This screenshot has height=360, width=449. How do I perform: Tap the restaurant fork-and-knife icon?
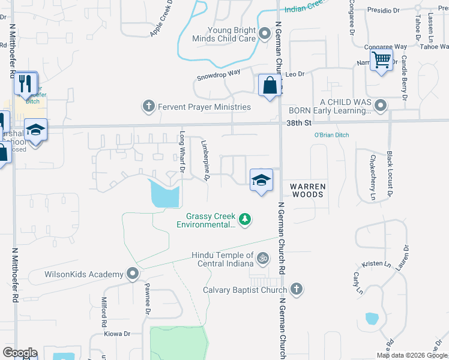click(25, 84)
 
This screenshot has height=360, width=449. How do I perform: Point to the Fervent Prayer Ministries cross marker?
click(148, 107)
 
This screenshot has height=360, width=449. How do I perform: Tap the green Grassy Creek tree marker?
click(244, 220)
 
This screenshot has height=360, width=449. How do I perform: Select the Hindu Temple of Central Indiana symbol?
click(262, 259)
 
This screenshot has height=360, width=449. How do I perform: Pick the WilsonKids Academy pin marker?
click(133, 275)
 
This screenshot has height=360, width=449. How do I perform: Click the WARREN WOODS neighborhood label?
click(308, 190)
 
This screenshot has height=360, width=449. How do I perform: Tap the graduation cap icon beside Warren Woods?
click(261, 180)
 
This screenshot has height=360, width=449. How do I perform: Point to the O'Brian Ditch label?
click(331, 135)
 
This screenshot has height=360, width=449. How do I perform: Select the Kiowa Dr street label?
click(117, 334)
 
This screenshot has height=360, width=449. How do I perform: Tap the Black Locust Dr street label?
click(390, 175)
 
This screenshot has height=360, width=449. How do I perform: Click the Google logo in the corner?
click(20, 353)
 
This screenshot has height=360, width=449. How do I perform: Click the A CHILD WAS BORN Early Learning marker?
click(379, 106)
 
